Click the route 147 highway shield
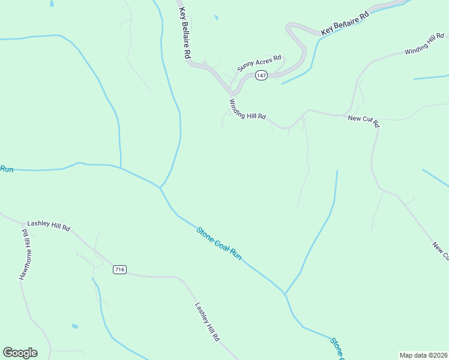click(261, 75)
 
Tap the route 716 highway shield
click(119, 270)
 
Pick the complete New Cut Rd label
click(364, 121)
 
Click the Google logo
click(20, 353)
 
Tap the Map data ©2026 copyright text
click(423, 355)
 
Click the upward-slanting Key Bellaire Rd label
click(344, 23)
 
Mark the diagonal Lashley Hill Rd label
click(207, 322)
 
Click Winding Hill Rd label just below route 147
click(247, 110)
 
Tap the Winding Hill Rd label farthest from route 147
click(424, 46)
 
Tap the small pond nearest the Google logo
click(75, 326)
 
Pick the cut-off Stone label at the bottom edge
click(336, 348)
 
